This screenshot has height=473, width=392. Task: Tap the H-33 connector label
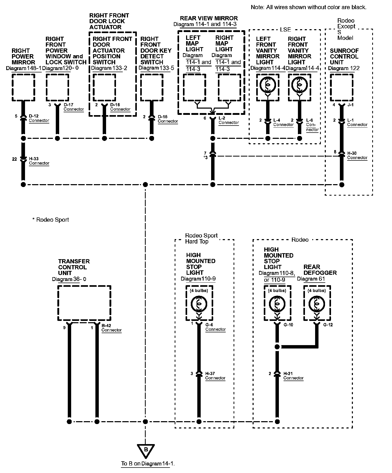(x=39, y=161)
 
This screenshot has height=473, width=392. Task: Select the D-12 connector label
(x=39, y=118)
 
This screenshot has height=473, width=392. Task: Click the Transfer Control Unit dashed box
(x=84, y=303)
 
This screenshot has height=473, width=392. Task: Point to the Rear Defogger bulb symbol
(x=317, y=304)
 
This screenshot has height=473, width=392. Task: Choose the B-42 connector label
(x=112, y=328)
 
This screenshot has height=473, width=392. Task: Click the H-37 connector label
(x=215, y=376)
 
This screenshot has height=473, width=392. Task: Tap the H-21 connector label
(x=293, y=376)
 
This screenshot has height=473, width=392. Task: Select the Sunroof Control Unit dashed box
(x=341, y=88)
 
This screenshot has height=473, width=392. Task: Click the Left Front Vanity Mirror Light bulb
(x=267, y=85)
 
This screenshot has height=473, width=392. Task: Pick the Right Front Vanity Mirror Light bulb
(x=299, y=85)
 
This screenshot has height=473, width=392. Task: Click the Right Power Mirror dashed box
(x=23, y=88)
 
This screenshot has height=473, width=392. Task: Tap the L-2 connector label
(x=229, y=120)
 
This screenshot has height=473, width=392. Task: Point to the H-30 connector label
(x=357, y=155)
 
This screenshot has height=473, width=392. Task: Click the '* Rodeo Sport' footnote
(x=51, y=220)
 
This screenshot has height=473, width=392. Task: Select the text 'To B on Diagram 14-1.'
(x=148, y=463)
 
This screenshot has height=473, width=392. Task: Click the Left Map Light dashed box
(x=194, y=88)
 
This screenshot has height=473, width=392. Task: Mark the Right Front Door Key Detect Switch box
(x=152, y=88)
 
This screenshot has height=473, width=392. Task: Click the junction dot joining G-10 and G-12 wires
(x=277, y=347)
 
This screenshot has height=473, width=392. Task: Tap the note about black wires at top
(x=309, y=7)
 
